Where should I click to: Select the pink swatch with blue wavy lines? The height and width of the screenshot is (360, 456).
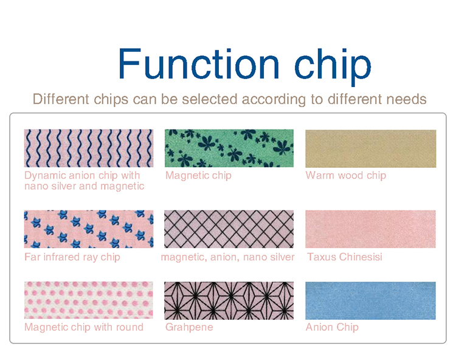click(x=89, y=148)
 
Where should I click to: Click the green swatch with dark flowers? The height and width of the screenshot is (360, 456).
click(x=229, y=148)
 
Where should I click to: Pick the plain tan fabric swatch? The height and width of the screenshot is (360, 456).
click(x=370, y=148)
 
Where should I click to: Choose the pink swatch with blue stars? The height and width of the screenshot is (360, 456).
click(x=89, y=229)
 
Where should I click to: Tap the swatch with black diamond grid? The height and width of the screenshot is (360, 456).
click(x=229, y=229)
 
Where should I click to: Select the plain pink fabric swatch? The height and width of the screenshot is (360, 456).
click(x=370, y=229)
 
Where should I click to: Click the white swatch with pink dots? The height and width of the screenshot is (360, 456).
click(x=89, y=300)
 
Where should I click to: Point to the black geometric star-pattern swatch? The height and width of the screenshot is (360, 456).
click(x=229, y=300)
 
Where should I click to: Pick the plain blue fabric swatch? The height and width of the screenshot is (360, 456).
click(x=370, y=300)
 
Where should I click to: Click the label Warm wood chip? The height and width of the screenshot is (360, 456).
click(x=345, y=176)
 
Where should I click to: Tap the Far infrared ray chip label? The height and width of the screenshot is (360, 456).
click(x=72, y=257)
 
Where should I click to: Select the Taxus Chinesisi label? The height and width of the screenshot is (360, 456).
click(x=345, y=257)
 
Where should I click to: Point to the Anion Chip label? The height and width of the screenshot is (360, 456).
click(x=332, y=327)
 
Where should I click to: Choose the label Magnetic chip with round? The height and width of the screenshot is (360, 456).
click(x=84, y=327)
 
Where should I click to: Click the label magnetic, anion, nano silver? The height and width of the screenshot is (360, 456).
click(x=227, y=257)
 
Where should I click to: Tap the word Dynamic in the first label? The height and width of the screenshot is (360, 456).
click(x=44, y=176)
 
